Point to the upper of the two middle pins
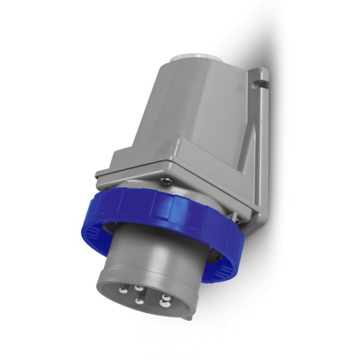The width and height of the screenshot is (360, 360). (x=138, y=288)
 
